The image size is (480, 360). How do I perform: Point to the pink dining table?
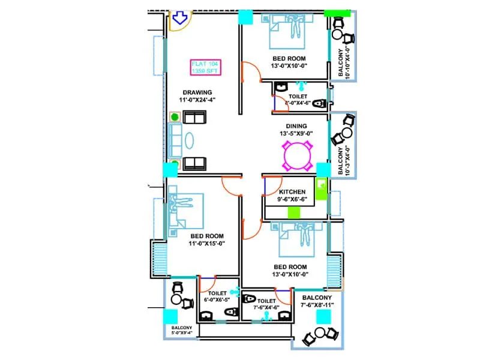(298, 157)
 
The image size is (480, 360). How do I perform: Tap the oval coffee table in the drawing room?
(189, 140)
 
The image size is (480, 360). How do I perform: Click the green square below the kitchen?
(294, 212)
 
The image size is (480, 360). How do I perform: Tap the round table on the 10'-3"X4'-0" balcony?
(347, 133)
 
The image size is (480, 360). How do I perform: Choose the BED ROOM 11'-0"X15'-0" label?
(206, 240)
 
